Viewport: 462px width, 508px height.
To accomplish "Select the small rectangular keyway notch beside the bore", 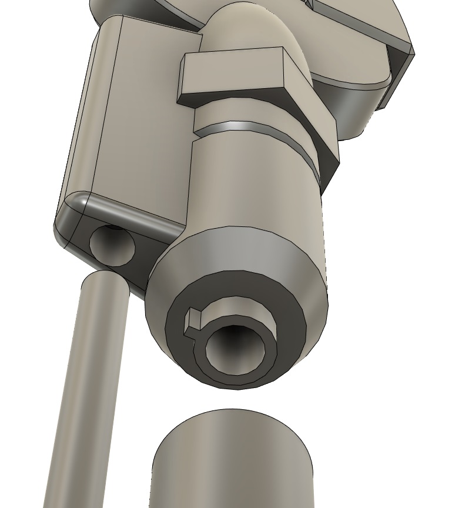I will [x=193, y=323].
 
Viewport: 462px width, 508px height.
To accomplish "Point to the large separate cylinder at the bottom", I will [x=232, y=464].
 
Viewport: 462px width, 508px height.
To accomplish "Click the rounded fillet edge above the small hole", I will [x=118, y=209].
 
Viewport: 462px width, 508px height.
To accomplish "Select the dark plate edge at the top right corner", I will [x=400, y=71].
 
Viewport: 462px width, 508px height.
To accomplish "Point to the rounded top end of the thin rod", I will [x=105, y=282].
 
